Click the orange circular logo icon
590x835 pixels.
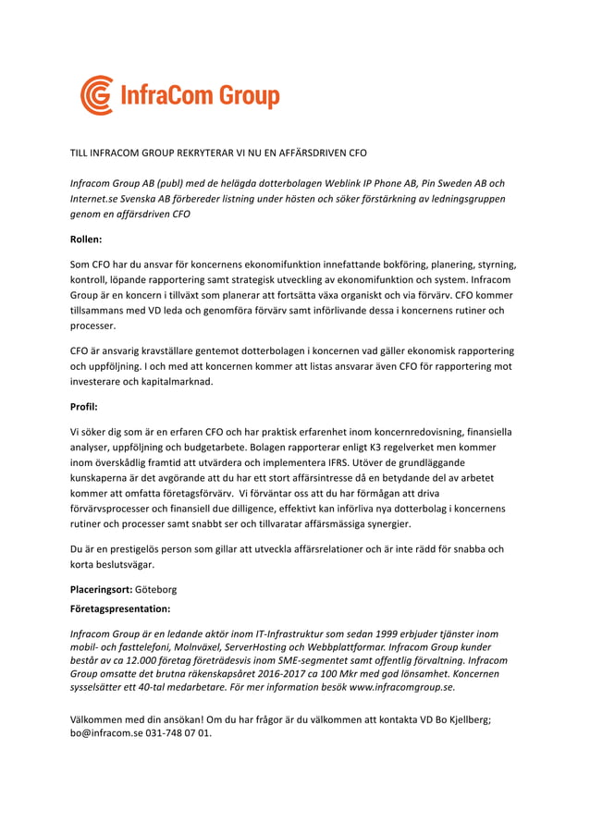click(x=96, y=95)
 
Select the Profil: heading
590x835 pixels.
click(x=84, y=406)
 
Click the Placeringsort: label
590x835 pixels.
click(x=102, y=588)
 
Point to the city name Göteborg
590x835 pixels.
click(x=156, y=588)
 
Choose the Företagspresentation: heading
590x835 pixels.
click(x=120, y=609)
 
